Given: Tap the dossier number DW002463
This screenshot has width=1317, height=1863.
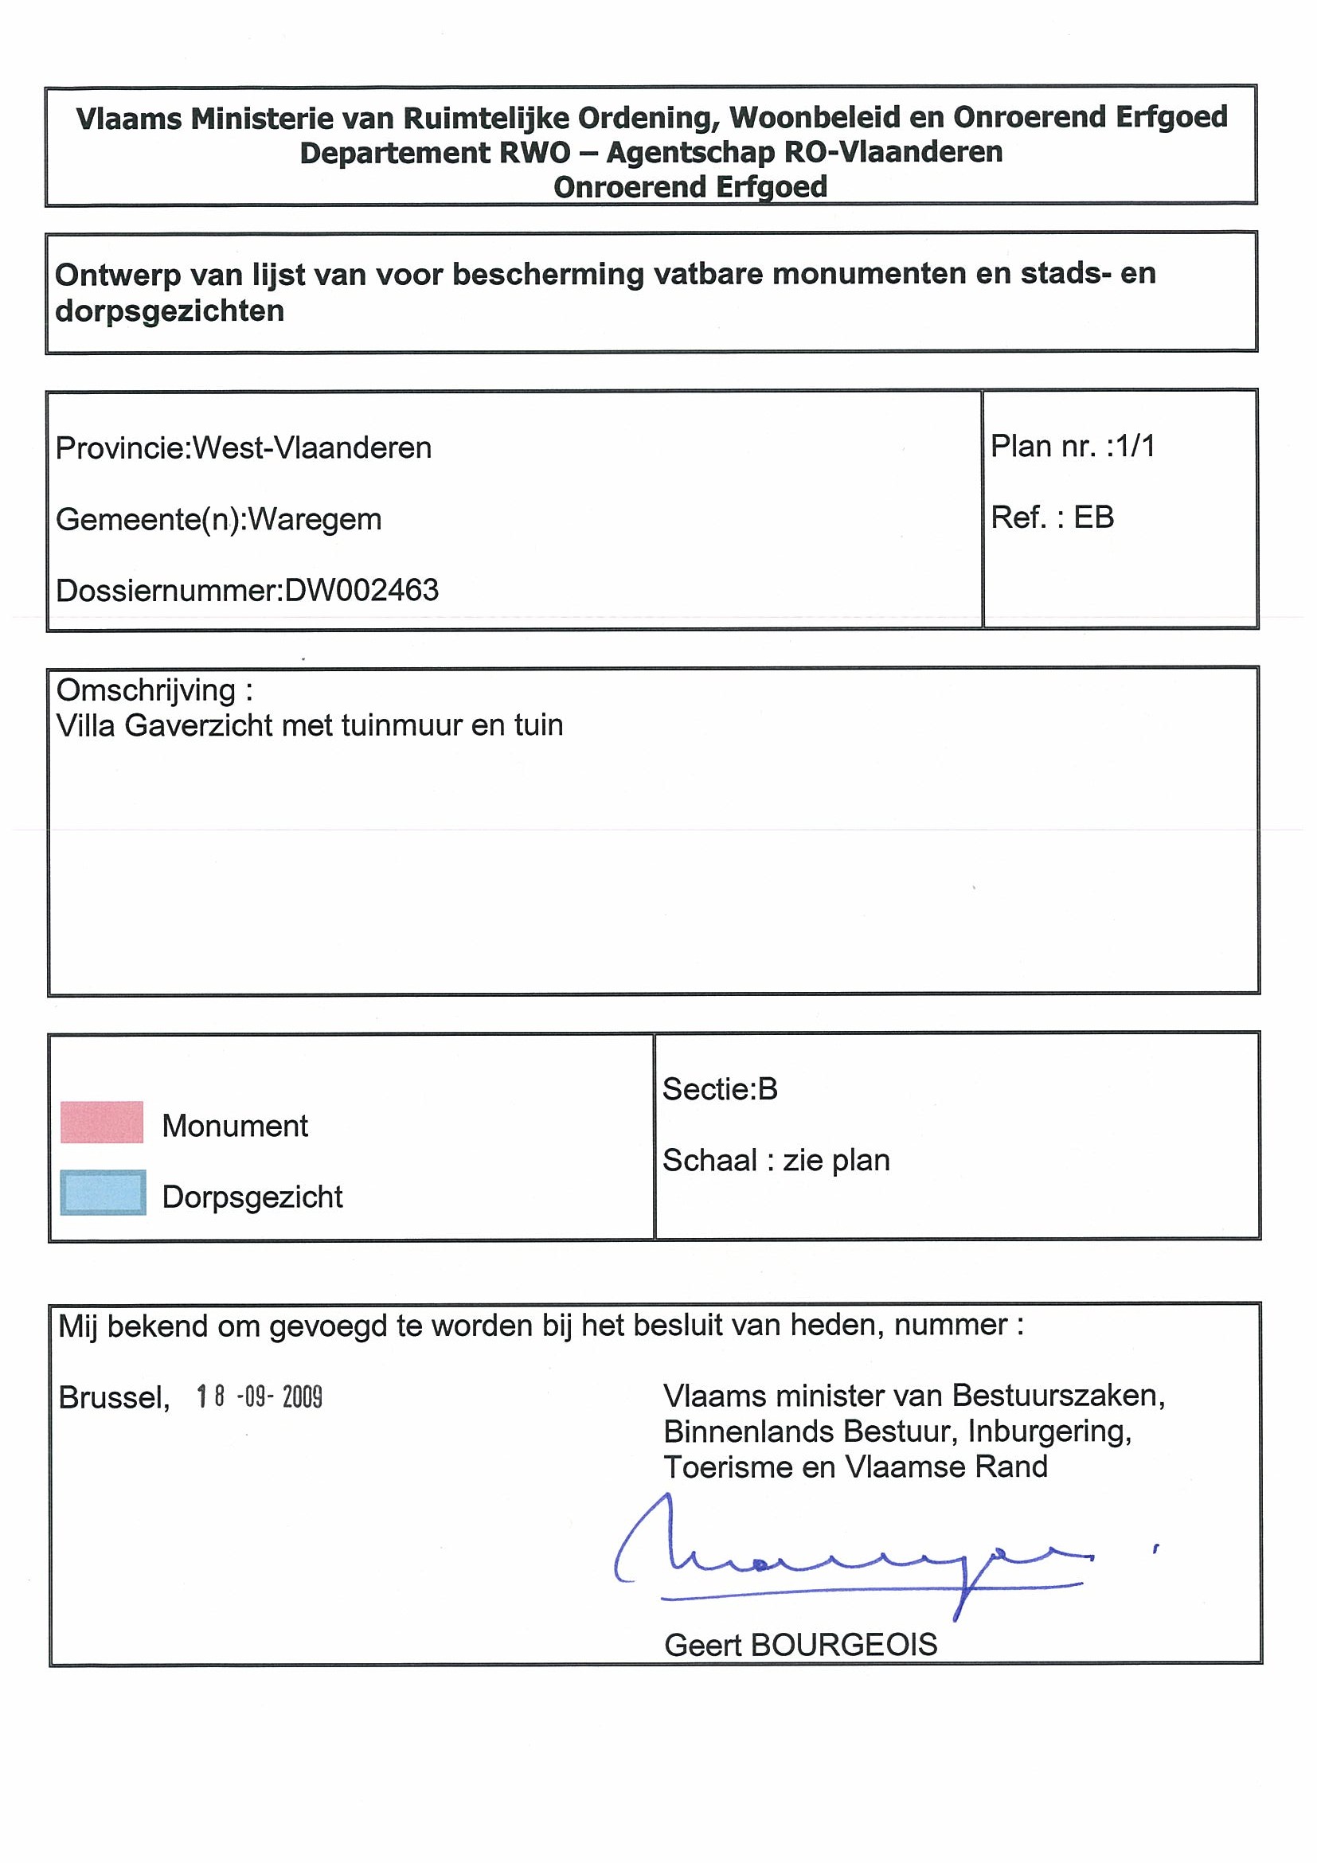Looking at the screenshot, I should click(x=362, y=590).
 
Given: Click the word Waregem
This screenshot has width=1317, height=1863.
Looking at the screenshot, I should click(x=314, y=519).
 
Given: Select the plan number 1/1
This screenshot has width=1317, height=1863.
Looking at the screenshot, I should click(x=1136, y=447).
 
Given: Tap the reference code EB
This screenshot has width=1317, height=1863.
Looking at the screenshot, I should click(x=1094, y=517).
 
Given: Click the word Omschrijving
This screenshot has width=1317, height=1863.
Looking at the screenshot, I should click(x=146, y=690).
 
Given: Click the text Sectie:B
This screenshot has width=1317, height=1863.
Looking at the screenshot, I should click(x=720, y=1089).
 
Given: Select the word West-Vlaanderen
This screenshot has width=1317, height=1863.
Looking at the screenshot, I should click(x=311, y=448).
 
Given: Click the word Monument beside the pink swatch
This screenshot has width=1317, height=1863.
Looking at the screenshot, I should click(x=236, y=1127).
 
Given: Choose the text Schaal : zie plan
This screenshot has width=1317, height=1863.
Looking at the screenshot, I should click(x=776, y=1160).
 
